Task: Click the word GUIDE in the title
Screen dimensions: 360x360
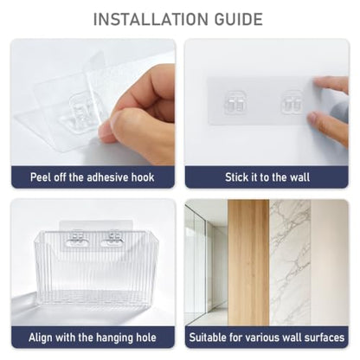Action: pos(239,19)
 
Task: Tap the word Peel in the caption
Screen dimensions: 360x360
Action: pos(40,177)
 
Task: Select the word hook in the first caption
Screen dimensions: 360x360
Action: pos(143,177)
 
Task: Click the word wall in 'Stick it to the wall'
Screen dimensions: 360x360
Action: pos(300,177)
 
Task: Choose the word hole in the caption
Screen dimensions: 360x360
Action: pos(146,337)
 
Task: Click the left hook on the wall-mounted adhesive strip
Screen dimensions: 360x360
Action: pos(236,102)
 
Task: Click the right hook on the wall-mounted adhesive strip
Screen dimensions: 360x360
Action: pos(292,102)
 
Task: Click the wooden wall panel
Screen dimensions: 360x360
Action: pos(248,262)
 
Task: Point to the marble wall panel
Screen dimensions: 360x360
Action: pos(290,262)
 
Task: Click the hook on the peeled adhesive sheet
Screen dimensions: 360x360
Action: pos(81,108)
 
